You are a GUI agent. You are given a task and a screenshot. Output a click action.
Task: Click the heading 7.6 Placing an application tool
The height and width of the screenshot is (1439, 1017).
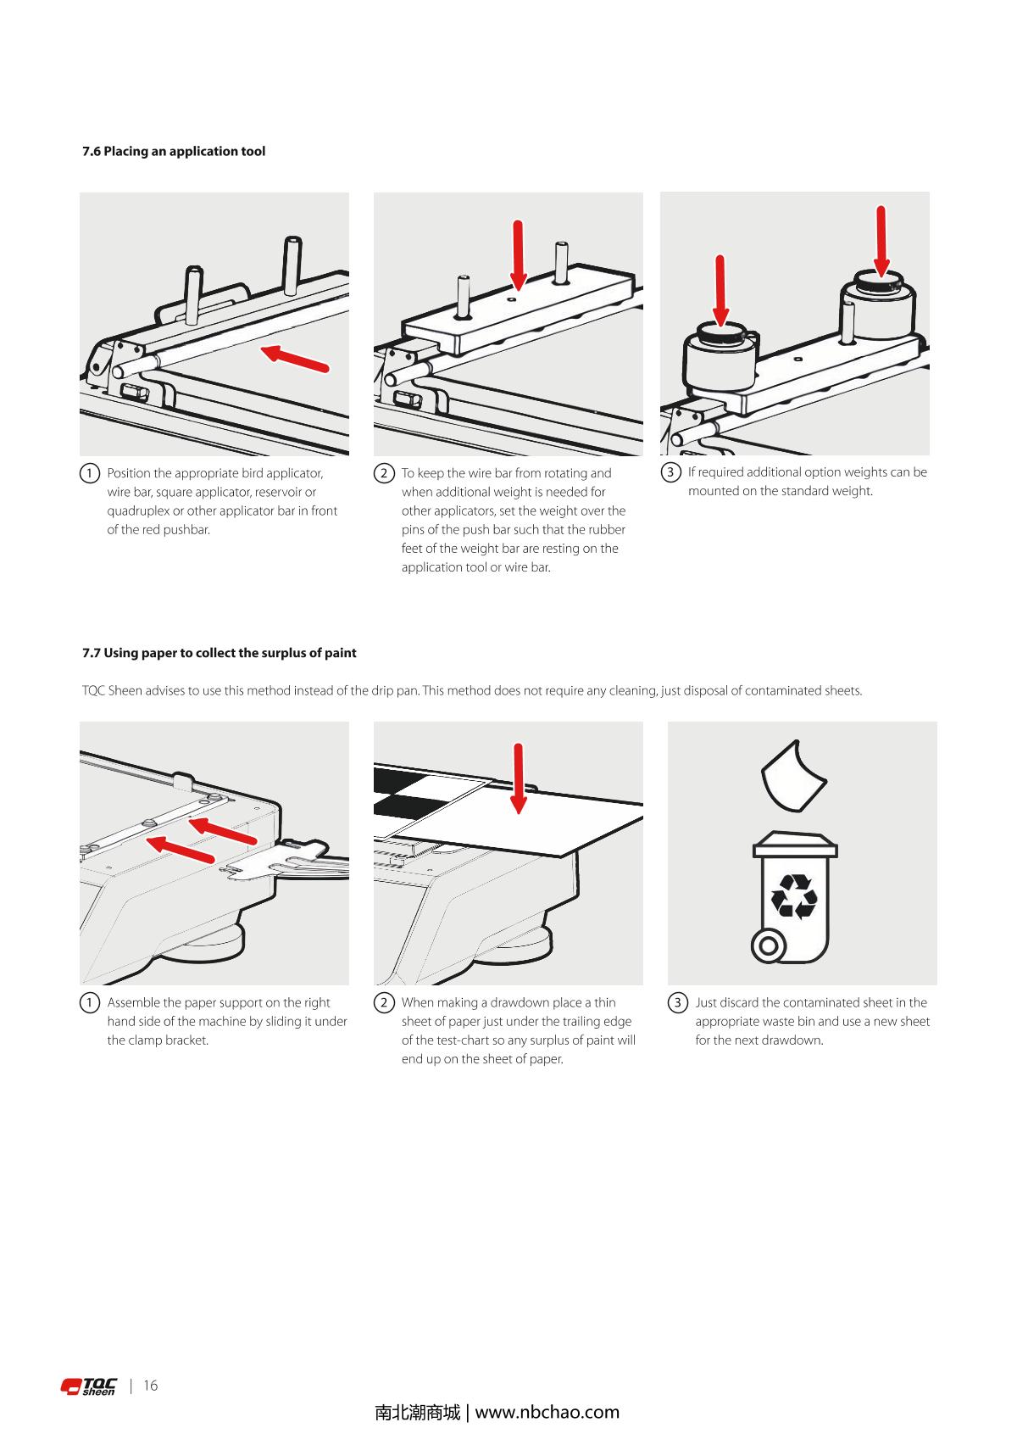pyautogui.click(x=174, y=152)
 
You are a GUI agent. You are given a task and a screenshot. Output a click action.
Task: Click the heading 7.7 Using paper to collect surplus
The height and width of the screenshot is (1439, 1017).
pyautogui.click(x=219, y=653)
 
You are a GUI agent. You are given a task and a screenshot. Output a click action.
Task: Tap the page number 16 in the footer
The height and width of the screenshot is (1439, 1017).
pyautogui.click(x=151, y=1386)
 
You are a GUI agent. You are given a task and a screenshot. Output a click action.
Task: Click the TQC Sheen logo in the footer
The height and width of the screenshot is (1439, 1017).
pyautogui.click(x=89, y=1386)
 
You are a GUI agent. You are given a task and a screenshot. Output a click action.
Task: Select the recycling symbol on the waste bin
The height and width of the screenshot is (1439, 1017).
pyautogui.click(x=794, y=897)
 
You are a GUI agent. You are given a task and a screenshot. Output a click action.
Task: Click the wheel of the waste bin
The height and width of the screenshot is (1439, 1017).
pyautogui.click(x=769, y=945)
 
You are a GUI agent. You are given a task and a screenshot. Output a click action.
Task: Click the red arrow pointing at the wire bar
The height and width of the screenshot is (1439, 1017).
pyautogui.click(x=294, y=359)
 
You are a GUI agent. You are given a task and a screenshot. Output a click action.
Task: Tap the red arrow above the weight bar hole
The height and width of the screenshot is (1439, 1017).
pyautogui.click(x=518, y=254)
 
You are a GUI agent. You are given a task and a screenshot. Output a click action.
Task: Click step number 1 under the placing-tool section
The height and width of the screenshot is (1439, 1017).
pyautogui.click(x=89, y=473)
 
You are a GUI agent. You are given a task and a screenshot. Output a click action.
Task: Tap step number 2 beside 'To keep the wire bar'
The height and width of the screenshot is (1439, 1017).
pyautogui.click(x=383, y=473)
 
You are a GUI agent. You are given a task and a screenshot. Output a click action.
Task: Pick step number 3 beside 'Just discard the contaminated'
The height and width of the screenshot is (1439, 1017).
pyautogui.click(x=677, y=1003)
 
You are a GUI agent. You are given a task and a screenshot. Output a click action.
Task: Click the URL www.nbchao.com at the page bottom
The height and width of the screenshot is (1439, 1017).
pyautogui.click(x=547, y=1413)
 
